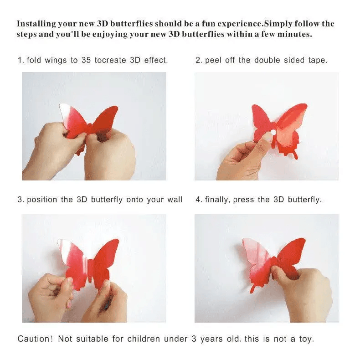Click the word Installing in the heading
tap(36, 24)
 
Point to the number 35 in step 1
tap(86, 60)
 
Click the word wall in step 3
tap(175, 200)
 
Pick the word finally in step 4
tap(217, 200)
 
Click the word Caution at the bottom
tap(35, 339)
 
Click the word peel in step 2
tap(213, 60)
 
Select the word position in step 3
tap(42, 200)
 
